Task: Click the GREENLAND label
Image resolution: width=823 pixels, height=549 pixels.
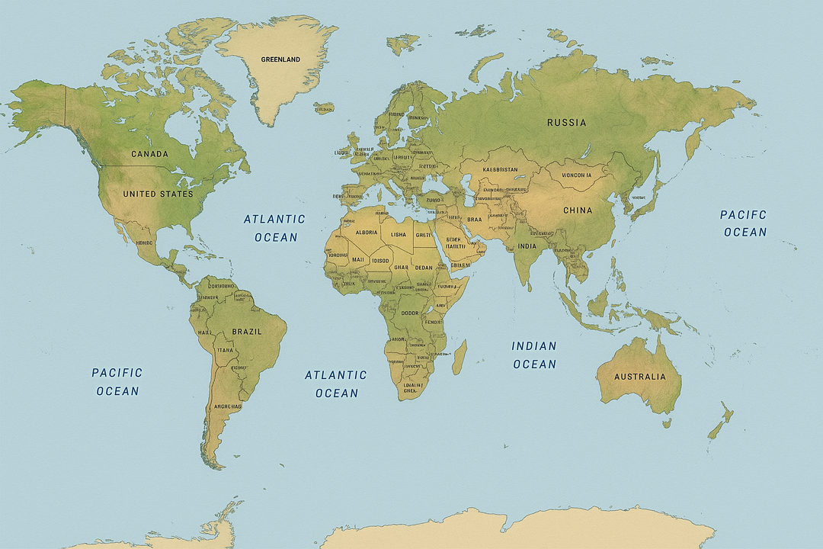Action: [280, 59]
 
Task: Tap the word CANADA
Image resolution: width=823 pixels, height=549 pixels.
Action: [149, 154]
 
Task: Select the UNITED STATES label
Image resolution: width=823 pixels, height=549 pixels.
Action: [158, 194]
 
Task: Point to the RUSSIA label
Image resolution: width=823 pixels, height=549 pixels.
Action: [567, 122]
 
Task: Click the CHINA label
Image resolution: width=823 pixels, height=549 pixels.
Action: [578, 210]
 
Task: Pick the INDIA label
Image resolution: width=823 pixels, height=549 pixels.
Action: [527, 246]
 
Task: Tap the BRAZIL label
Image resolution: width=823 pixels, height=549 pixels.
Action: [247, 332]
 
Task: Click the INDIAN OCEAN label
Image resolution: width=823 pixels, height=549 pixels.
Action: [534, 355]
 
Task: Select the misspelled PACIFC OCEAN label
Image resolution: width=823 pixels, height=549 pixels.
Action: [744, 223]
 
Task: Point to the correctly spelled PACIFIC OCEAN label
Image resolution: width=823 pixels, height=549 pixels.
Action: [117, 381]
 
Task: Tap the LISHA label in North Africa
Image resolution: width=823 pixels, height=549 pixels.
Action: [398, 235]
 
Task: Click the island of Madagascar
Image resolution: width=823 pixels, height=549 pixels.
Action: [459, 357]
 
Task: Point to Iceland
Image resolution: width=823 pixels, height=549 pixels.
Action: [324, 108]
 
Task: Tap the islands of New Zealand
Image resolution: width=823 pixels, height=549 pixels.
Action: [721, 422]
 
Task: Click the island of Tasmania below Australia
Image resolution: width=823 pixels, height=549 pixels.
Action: [666, 422]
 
